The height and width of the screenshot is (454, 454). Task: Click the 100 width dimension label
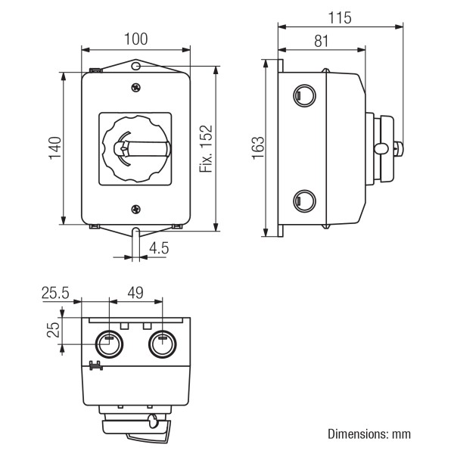coord(135,39)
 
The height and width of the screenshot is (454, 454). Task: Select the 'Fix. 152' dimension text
coord(205,148)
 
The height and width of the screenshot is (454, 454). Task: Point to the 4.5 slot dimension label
coord(158,247)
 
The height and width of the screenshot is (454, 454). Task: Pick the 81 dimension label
coord(321,39)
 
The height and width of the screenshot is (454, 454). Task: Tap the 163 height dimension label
coord(257,148)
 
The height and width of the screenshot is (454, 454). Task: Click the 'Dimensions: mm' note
coord(368,434)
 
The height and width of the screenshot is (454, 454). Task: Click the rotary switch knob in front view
coord(135,148)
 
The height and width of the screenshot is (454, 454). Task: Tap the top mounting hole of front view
coord(135,67)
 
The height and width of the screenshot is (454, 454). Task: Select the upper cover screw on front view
coord(135,89)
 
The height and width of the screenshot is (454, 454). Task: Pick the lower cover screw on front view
coord(135,209)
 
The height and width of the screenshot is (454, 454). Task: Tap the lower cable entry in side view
coord(302,201)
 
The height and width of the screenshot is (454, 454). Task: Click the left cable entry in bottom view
coord(108,344)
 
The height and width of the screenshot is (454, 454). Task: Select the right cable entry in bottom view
coord(160,344)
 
